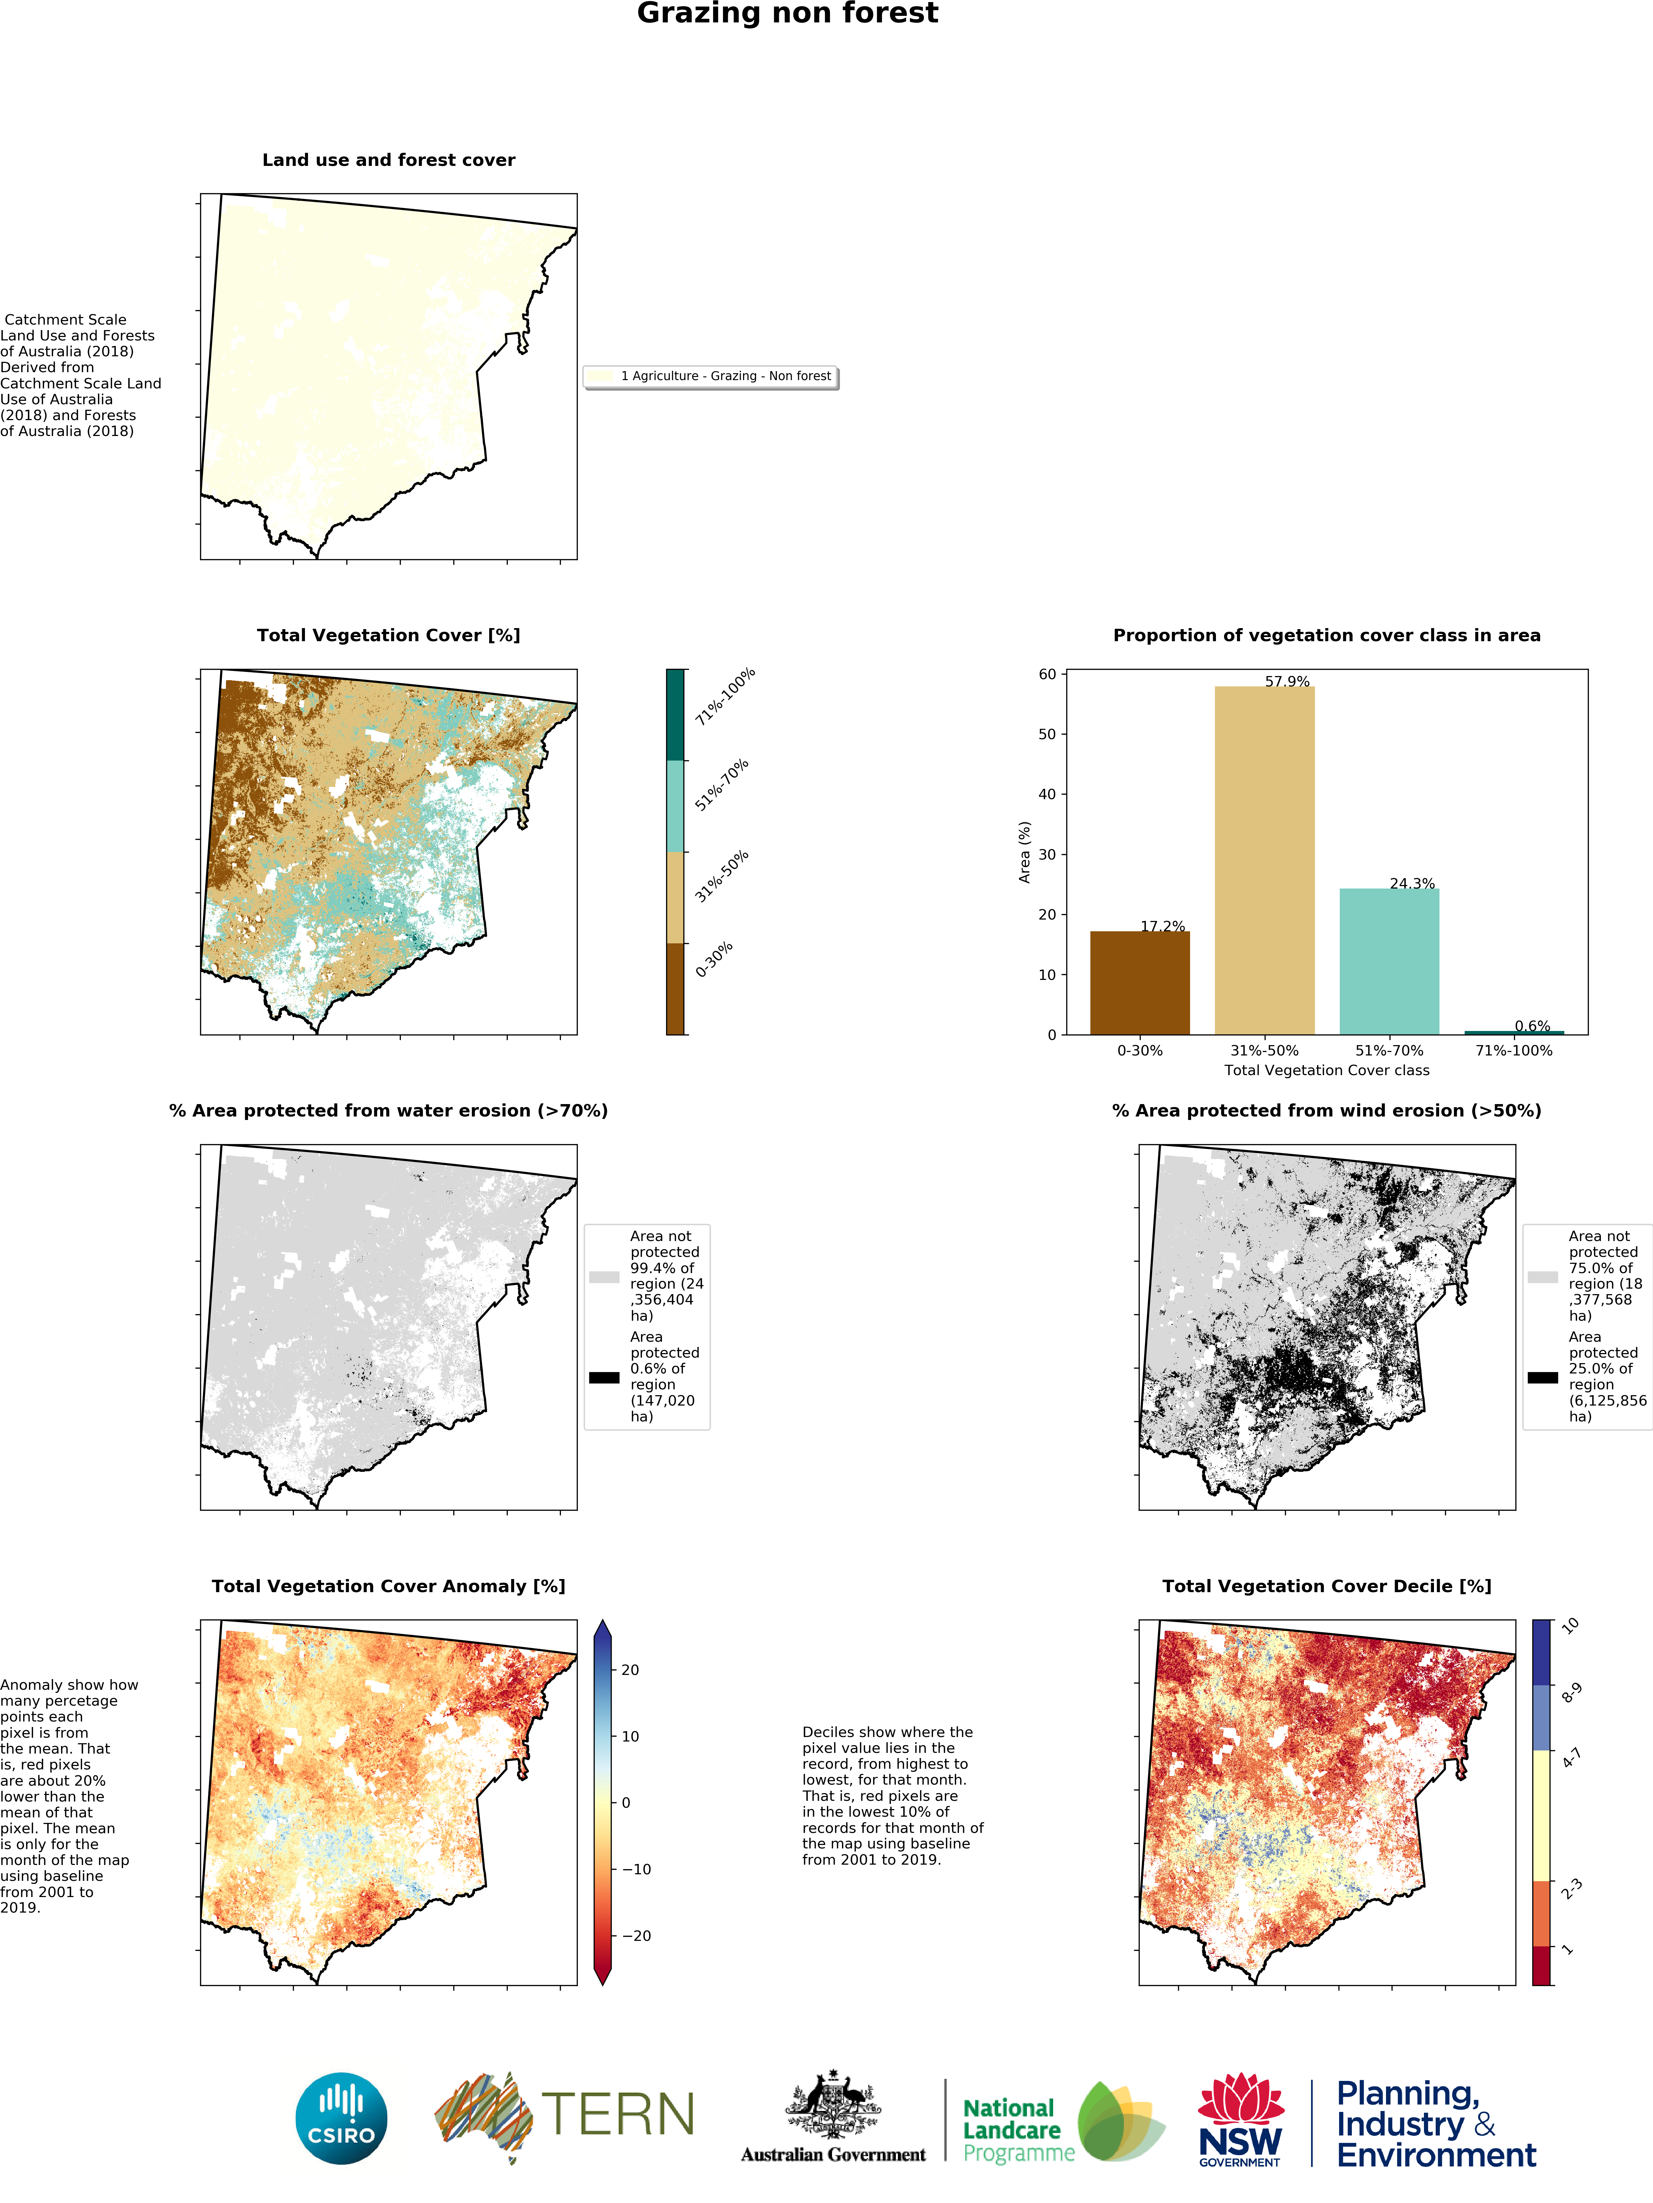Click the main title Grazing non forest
pyautogui.click(x=787, y=14)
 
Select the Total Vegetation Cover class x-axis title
pyautogui.click(x=1326, y=1071)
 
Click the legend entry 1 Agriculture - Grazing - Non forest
pyautogui.click(x=711, y=376)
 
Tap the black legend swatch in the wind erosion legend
pyautogui.click(x=1543, y=1377)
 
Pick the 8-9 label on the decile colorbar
pyautogui.click(x=1570, y=1693)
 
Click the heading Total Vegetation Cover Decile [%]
pyautogui.click(x=1326, y=1587)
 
